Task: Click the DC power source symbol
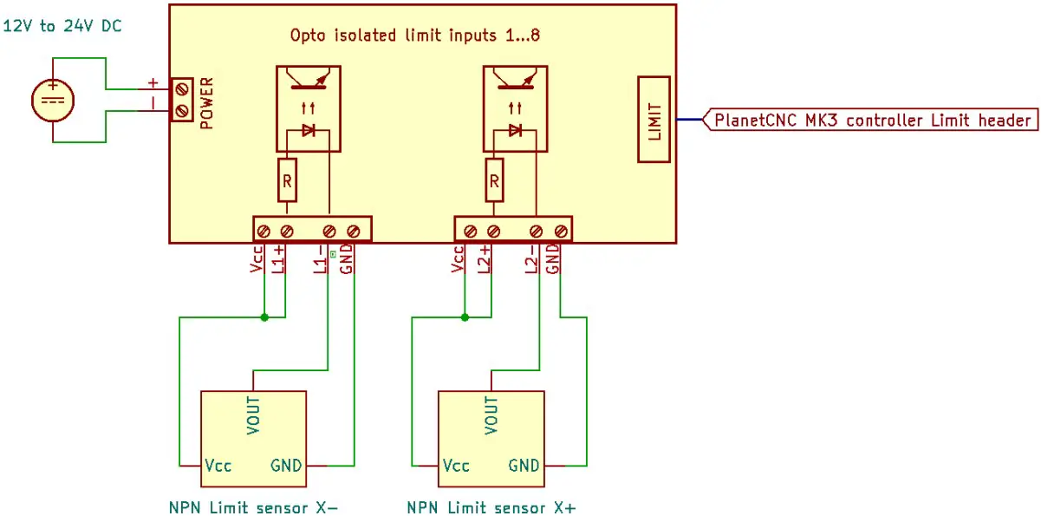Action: [x=54, y=100]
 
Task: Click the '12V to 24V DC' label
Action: [x=62, y=26]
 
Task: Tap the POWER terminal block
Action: [x=181, y=100]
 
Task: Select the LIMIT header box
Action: [x=655, y=120]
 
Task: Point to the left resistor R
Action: [x=286, y=181]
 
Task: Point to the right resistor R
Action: [x=493, y=181]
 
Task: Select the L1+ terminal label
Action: [x=278, y=259]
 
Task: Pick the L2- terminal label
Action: [x=532, y=259]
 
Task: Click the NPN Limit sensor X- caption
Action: [x=252, y=506]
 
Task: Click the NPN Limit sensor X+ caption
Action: [x=490, y=506]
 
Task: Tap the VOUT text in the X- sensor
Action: [x=253, y=415]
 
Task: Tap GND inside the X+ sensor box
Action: [x=524, y=466]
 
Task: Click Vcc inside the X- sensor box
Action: [x=218, y=466]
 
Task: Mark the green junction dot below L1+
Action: [x=264, y=317]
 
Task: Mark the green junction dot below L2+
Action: [x=465, y=317]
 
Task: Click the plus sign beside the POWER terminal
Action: [x=153, y=84]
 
